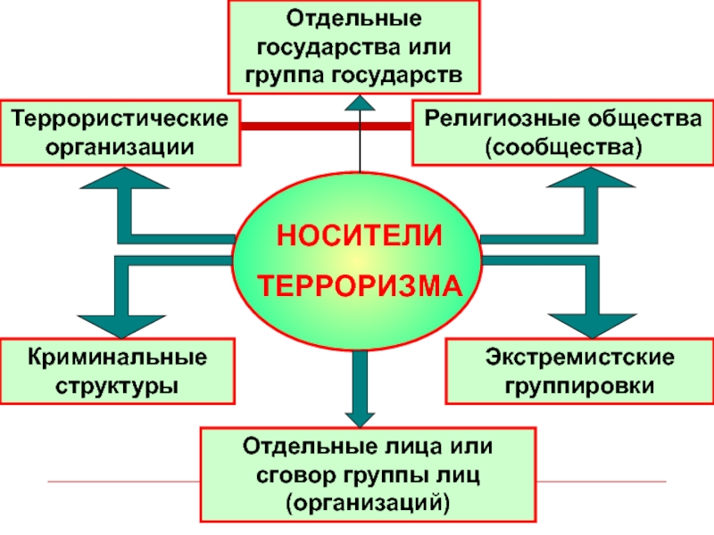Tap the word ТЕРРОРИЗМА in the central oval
pos(359,287)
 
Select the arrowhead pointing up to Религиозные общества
pos(594,182)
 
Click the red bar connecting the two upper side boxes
pos(327,126)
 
